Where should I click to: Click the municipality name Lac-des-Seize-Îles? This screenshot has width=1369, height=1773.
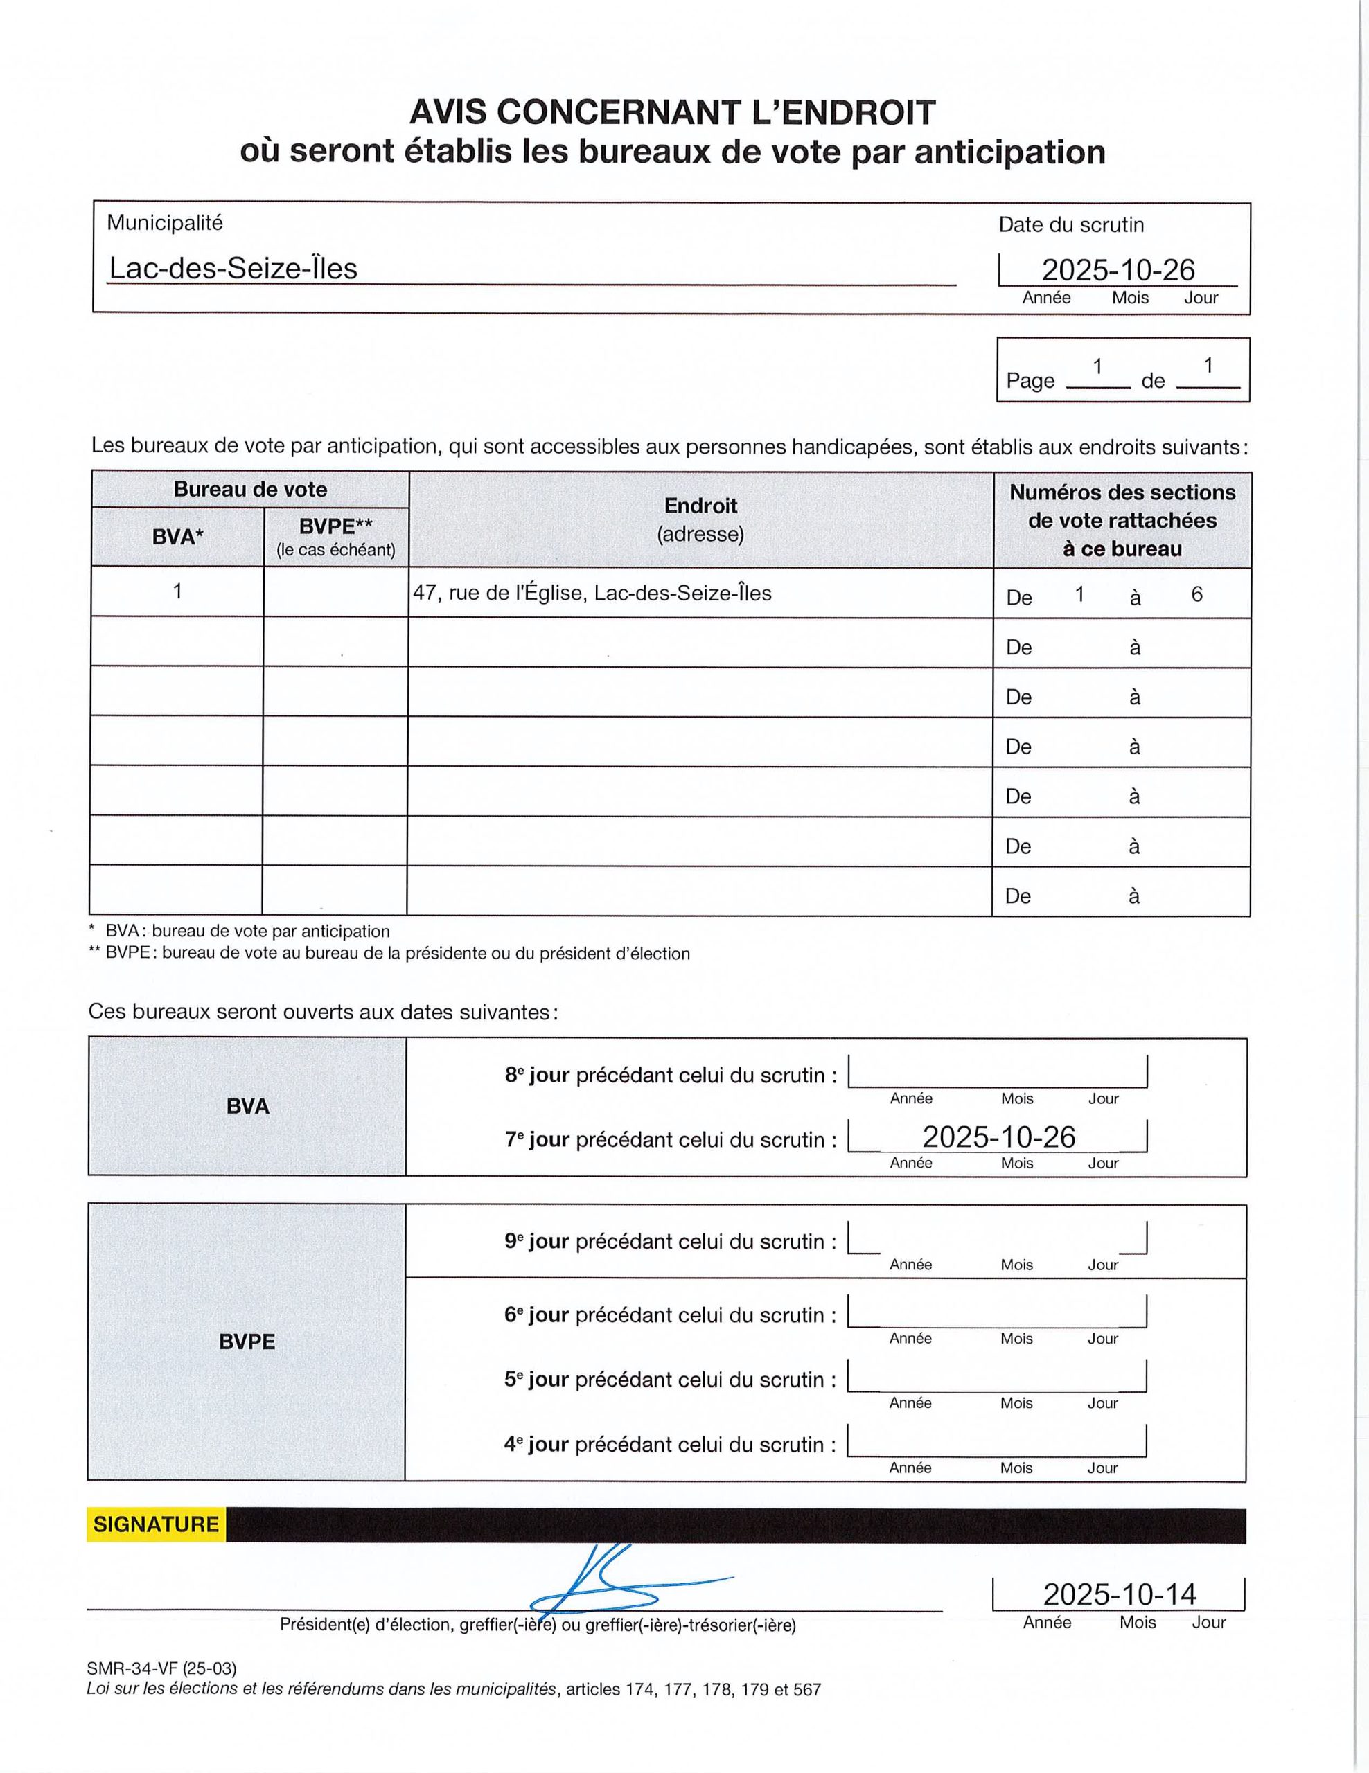[x=233, y=269]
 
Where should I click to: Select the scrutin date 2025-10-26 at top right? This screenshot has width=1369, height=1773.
[x=1118, y=269]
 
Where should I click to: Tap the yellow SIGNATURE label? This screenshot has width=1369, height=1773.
[x=156, y=1524]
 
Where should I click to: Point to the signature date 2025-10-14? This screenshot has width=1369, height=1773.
[x=1119, y=1594]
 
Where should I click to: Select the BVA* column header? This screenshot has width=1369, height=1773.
[x=177, y=537]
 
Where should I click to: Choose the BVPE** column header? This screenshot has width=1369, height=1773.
[x=335, y=536]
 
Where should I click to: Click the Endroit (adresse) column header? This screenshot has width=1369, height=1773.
[x=700, y=519]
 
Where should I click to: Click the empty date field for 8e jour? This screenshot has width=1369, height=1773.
[x=997, y=1072]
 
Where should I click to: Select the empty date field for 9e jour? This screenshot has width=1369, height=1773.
[x=997, y=1239]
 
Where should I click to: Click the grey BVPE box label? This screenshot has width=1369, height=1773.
[x=247, y=1342]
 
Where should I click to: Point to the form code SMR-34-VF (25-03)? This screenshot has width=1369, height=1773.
[x=161, y=1668]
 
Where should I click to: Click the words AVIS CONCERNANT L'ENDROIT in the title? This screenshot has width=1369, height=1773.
[x=672, y=113]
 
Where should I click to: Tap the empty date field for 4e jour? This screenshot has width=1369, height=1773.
[x=996, y=1442]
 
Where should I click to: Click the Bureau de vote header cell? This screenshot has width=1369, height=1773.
[x=250, y=490]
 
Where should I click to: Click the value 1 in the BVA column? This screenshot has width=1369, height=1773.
[x=177, y=591]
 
